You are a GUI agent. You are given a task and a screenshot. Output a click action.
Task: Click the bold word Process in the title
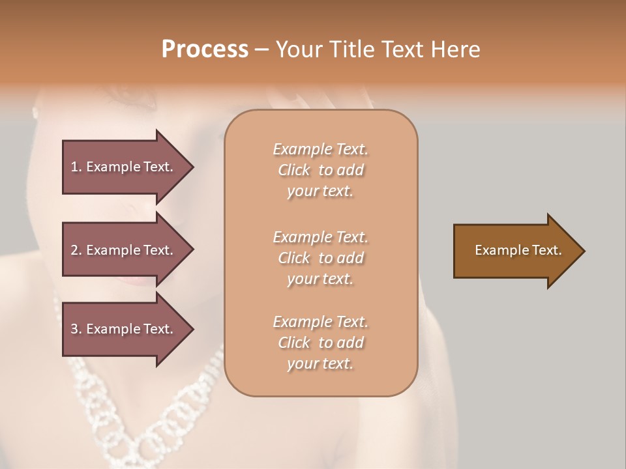[205, 50]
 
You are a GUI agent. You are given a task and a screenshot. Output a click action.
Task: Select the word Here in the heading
[455, 50]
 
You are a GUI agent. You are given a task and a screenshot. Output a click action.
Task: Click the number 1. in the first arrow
[76, 167]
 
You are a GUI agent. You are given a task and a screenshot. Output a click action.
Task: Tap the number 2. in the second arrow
[76, 250]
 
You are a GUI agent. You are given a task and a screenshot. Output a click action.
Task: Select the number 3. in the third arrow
[76, 329]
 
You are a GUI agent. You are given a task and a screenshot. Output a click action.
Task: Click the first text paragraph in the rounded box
[320, 170]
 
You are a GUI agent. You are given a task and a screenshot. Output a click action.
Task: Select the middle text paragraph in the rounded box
[320, 258]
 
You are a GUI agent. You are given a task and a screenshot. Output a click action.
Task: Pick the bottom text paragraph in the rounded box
[320, 343]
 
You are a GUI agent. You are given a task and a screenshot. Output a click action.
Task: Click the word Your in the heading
[297, 50]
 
